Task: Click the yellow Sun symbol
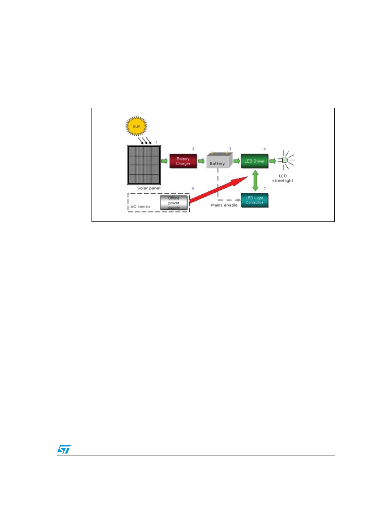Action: pyautogui.click(x=136, y=126)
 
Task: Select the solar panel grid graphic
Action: pyautogui.click(x=144, y=165)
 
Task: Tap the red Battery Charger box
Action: pyautogui.click(x=183, y=161)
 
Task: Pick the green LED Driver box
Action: pyautogui.click(x=254, y=161)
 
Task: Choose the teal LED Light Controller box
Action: pyautogui.click(x=254, y=200)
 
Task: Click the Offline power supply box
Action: pyautogui.click(x=174, y=203)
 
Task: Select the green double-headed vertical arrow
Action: pyautogui.click(x=255, y=181)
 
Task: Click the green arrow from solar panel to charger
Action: pyautogui.click(x=164, y=161)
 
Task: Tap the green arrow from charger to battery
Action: pyautogui.click(x=201, y=161)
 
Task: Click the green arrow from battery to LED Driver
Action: pyautogui.click(x=236, y=161)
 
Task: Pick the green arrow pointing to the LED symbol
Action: pyautogui.click(x=273, y=161)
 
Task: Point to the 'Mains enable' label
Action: pyautogui.click(x=224, y=205)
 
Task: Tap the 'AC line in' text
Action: pyautogui.click(x=140, y=207)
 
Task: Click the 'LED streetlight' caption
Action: pyautogui.click(x=283, y=178)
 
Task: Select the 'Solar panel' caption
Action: pyautogui.click(x=149, y=188)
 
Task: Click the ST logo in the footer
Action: pyautogui.click(x=64, y=449)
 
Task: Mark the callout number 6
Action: pyautogui.click(x=193, y=188)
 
